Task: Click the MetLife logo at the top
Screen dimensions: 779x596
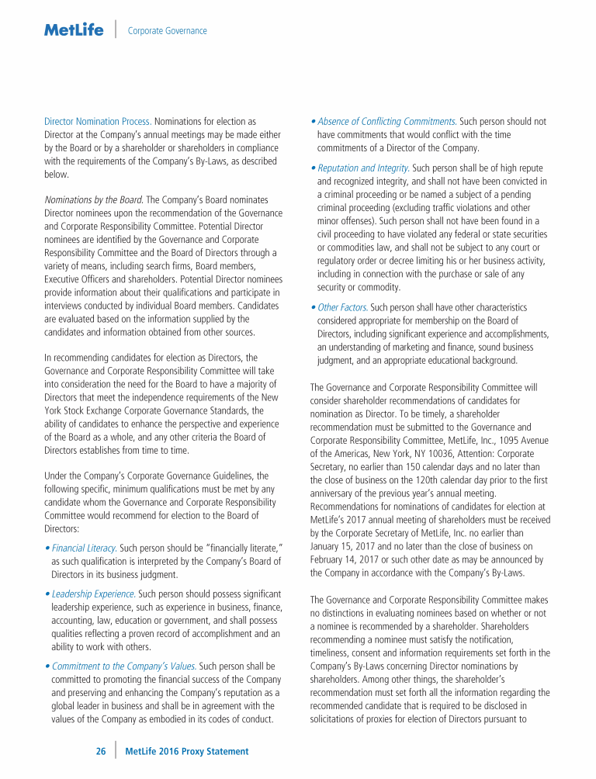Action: pyautogui.click(x=74, y=30)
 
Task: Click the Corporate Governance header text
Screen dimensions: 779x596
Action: pyautogui.click(x=167, y=31)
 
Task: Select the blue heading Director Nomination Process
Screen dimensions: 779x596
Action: pyautogui.click(x=97, y=122)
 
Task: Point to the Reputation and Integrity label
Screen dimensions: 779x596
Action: pyautogui.click(x=363, y=168)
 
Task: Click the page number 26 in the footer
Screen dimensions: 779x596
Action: pyautogui.click(x=101, y=751)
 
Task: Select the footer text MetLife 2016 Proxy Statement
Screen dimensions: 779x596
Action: pyautogui.click(x=187, y=751)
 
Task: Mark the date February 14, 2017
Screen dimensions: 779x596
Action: pyautogui.click(x=346, y=559)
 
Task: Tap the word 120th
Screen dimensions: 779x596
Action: pyautogui.click(x=418, y=480)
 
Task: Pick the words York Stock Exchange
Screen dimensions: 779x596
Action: pyautogui.click(x=86, y=410)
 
